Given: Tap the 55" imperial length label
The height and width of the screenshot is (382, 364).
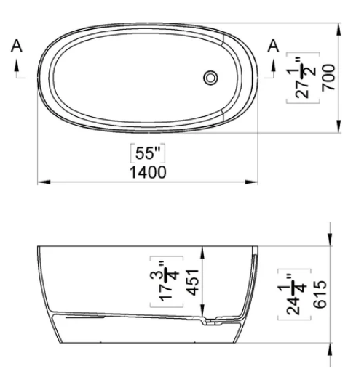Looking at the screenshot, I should click(146, 154).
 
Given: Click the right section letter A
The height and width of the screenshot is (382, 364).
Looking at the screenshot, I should click(274, 46).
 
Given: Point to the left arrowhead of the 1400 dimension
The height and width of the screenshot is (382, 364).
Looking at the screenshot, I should click(41, 182).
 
